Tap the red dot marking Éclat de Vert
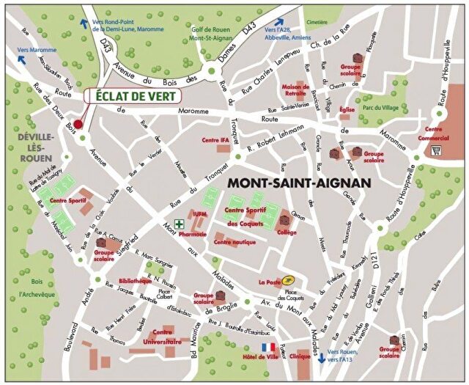[x=78, y=124]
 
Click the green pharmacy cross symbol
[x=178, y=224]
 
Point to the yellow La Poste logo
[x=289, y=279]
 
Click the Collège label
[x=287, y=232]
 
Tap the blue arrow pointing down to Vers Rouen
[x=322, y=358]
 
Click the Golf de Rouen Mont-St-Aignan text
[x=213, y=33]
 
